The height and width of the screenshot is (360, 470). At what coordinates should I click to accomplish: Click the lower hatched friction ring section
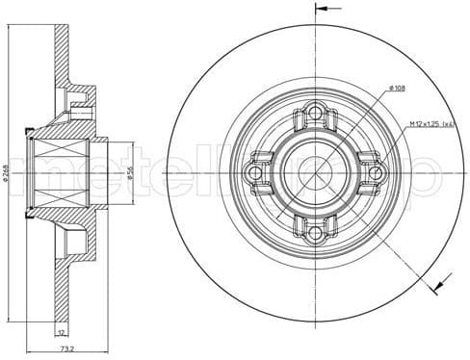point(60,289)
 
